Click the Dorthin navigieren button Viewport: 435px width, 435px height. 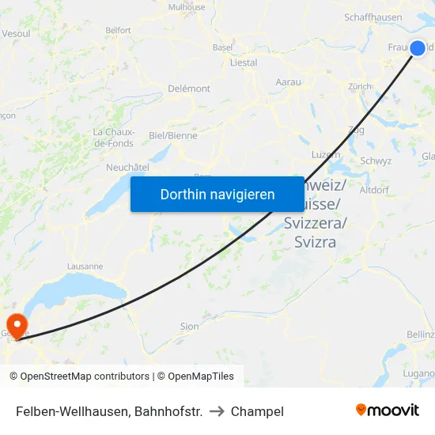click(x=217, y=194)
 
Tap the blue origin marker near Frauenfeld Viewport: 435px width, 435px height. click(x=418, y=48)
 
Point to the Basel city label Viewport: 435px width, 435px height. click(x=222, y=47)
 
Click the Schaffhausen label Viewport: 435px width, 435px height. click(x=373, y=18)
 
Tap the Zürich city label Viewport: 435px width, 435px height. click(x=359, y=86)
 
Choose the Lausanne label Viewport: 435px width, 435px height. click(x=85, y=267)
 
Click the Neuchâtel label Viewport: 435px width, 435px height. click(x=127, y=168)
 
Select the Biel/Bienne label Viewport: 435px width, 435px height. click(x=173, y=135)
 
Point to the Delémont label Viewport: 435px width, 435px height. click(x=189, y=89)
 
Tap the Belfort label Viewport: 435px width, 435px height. click(x=118, y=30)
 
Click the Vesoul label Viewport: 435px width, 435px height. click(x=16, y=33)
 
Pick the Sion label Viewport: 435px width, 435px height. click(x=190, y=326)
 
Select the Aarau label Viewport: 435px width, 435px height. click(x=288, y=81)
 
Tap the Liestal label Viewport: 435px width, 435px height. click(x=243, y=62)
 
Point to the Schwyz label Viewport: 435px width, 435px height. click(x=376, y=161)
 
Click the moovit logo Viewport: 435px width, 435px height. click(x=387, y=410)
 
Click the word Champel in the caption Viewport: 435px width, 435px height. click(x=257, y=411)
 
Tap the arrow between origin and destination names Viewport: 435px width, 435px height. click(x=217, y=411)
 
